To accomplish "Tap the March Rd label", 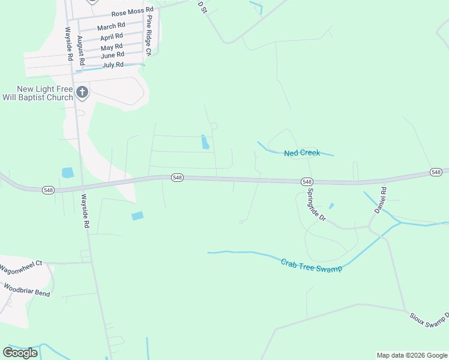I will coord(111,26).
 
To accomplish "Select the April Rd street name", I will coord(112,37).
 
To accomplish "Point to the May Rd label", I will coord(112,47).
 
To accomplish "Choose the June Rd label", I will coord(112,55).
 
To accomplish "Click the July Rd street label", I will coord(113,65).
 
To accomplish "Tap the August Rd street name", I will coord(80,50).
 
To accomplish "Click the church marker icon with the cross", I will coord(82,93).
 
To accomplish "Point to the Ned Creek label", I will coord(302,153).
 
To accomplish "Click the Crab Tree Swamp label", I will coord(312,265).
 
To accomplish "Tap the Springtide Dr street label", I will coord(316,205).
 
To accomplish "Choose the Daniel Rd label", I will coord(381,200).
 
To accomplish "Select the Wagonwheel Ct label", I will coord(21,265).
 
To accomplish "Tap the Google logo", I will coord(20,353).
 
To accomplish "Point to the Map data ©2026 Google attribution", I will coord(412,355).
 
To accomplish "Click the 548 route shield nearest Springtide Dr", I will coord(307,182).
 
